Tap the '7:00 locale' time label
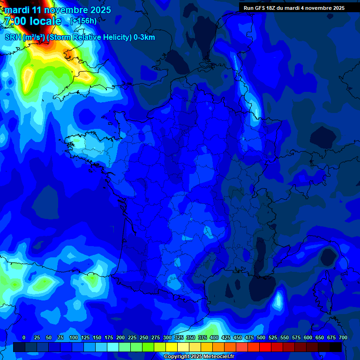[32, 21]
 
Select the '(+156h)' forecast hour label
[83, 21]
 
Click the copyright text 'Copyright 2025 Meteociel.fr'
[199, 356]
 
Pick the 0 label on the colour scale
[24, 337]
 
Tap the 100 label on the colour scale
[74, 337]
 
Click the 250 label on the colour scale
[144, 337]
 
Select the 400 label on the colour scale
[214, 337]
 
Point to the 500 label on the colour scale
[261, 337]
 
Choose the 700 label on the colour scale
[343, 337]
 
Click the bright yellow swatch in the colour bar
[172, 347]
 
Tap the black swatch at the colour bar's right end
[336, 347]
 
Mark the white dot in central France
[192, 218]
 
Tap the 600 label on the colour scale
[308, 337]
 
